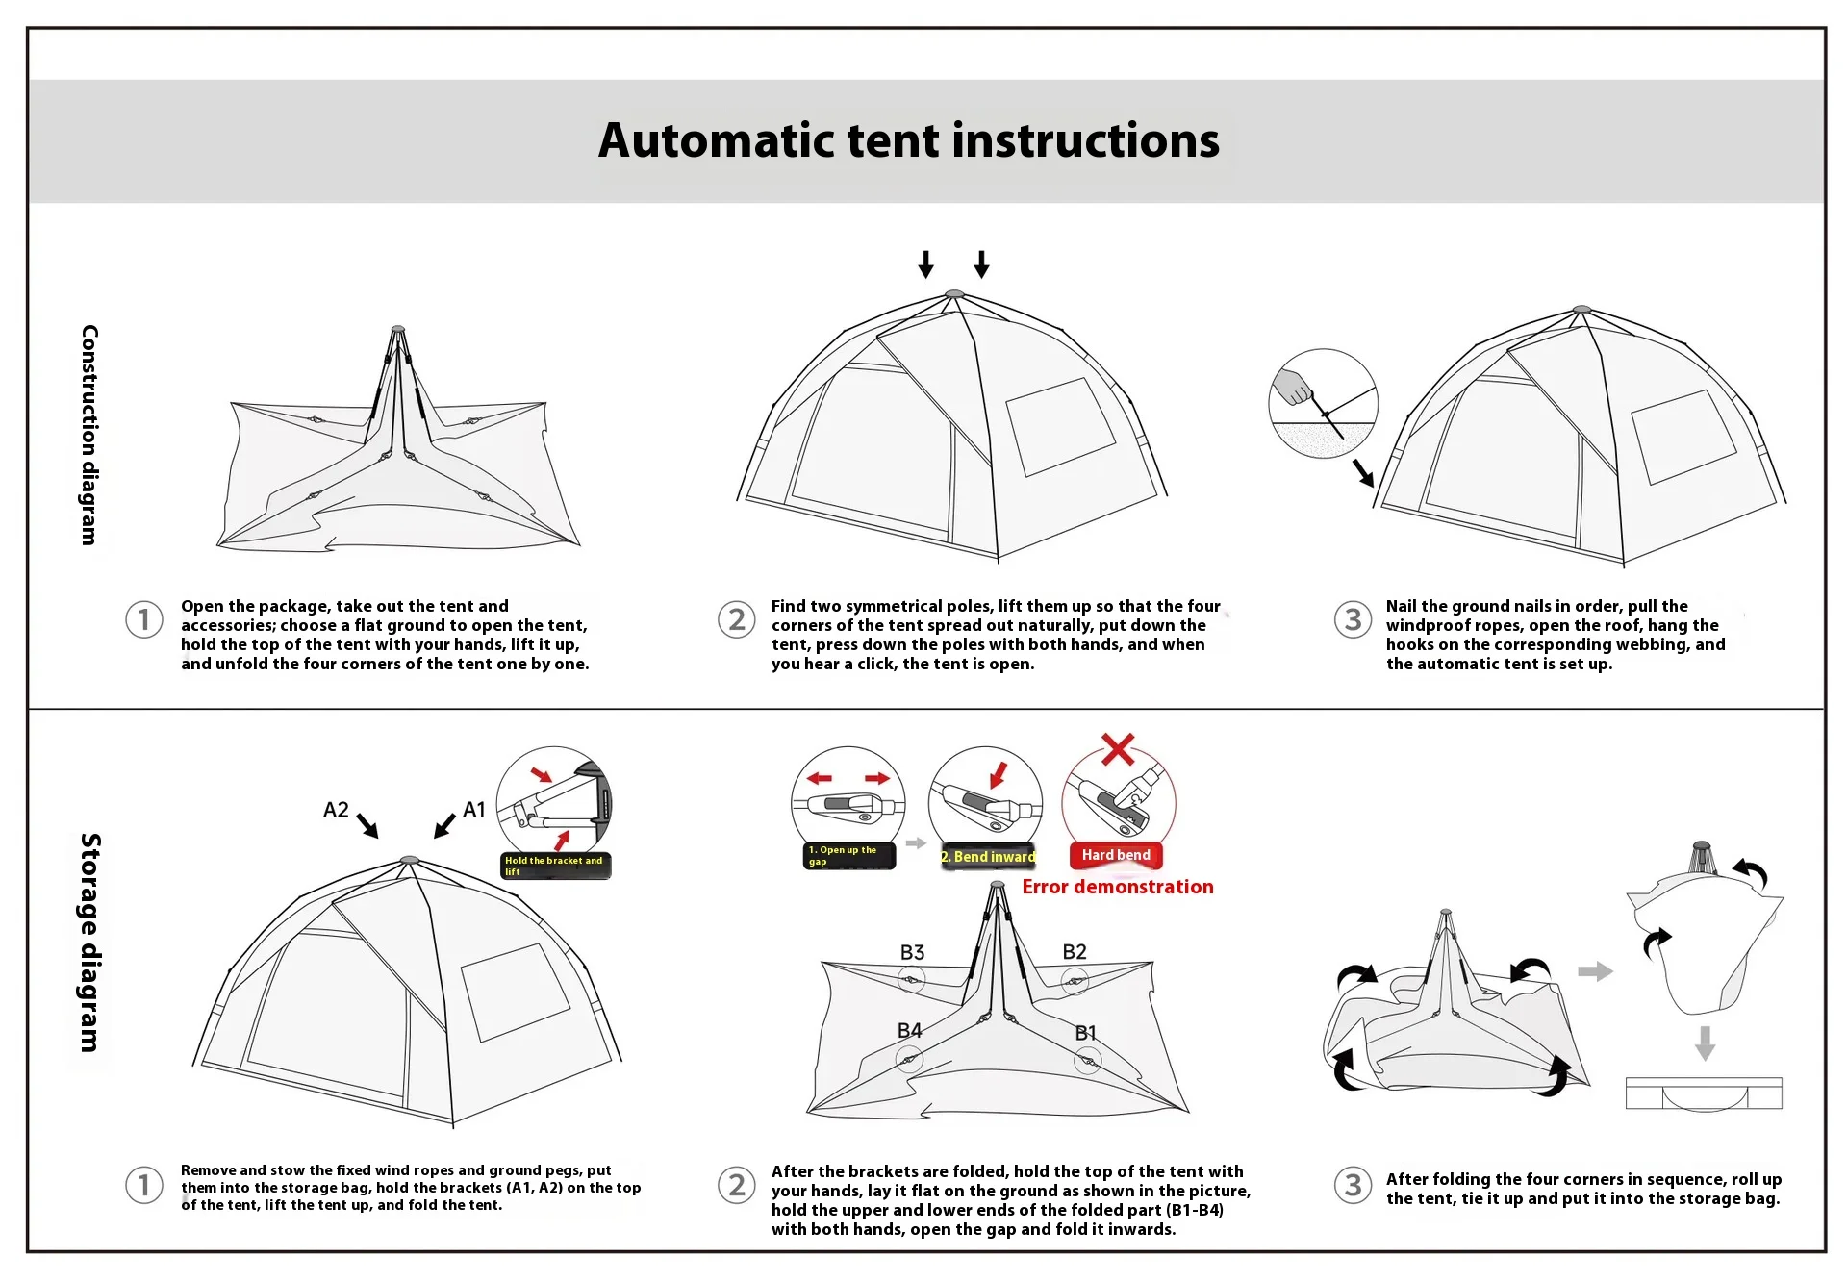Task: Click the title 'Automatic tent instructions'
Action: [908, 140]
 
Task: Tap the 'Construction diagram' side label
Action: [89, 435]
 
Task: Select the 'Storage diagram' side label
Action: [89, 943]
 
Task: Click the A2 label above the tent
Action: [336, 810]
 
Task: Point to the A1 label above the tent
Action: [474, 810]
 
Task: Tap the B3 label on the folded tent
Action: [912, 952]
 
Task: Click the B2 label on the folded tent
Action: [1075, 952]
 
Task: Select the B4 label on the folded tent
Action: [909, 1030]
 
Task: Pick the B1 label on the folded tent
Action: [1085, 1032]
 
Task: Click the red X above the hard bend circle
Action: [1118, 748]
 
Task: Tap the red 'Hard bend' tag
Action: [1116, 855]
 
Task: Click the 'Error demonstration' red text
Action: [1118, 887]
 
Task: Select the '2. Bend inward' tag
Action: [988, 856]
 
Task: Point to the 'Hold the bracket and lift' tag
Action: [555, 866]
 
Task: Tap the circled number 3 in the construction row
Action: [1353, 619]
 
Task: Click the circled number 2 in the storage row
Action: [737, 1184]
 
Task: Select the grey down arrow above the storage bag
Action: [1705, 1043]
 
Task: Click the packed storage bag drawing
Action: [1704, 1093]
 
